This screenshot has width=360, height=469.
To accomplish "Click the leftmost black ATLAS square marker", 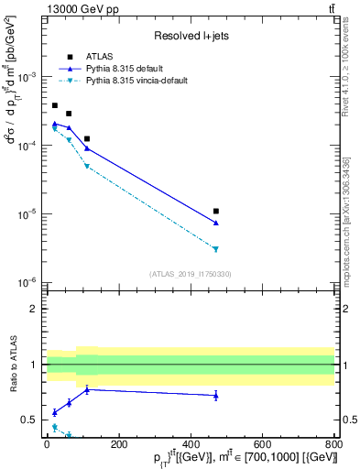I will (55, 105).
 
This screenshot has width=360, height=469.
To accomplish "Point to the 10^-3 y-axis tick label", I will (27, 77).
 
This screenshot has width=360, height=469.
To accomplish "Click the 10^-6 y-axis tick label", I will (27, 283).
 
